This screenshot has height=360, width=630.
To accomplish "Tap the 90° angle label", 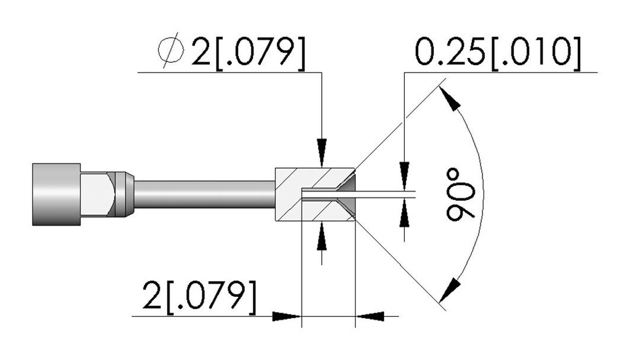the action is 460,195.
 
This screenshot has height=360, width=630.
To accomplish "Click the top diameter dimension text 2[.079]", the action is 248,52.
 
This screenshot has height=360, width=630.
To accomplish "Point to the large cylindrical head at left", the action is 56,194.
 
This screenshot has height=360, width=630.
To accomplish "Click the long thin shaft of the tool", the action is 204,194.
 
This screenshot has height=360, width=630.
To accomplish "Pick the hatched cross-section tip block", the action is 316,194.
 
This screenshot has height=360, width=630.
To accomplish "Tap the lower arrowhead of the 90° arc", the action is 450,289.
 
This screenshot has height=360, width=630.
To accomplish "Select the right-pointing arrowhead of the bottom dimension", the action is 287,316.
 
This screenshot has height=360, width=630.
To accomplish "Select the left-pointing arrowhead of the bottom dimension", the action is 370,316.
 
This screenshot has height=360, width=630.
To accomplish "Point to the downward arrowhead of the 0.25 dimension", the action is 404,175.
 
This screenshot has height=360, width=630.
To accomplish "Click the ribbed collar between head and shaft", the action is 121,194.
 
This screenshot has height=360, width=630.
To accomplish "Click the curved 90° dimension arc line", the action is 484,194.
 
